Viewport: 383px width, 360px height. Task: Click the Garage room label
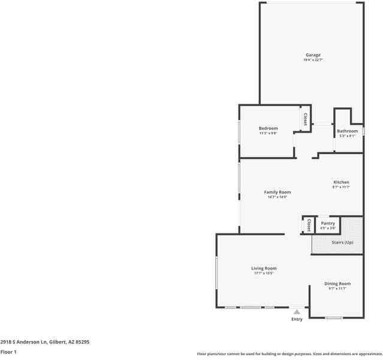click(x=313, y=55)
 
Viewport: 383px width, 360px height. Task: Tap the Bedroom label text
click(x=268, y=128)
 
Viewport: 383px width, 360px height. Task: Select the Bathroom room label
click(x=347, y=131)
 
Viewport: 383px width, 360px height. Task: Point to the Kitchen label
click(x=341, y=182)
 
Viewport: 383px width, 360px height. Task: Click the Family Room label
click(x=277, y=192)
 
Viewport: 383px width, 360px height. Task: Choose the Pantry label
click(x=328, y=223)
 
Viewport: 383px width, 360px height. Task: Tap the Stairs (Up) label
click(x=342, y=242)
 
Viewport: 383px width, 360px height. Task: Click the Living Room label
click(x=264, y=268)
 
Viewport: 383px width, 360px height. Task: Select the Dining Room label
click(x=337, y=284)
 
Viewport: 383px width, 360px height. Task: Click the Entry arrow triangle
click(x=297, y=312)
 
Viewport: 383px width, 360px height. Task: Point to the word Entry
click(x=297, y=319)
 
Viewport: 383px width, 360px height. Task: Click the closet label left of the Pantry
click(x=308, y=226)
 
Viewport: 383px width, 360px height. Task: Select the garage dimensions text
click(x=313, y=60)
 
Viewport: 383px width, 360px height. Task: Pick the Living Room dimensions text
click(x=264, y=274)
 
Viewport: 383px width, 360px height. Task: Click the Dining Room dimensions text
click(x=337, y=289)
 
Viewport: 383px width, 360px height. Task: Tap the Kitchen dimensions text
click(x=341, y=187)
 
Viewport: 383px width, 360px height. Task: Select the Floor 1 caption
click(x=8, y=352)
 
